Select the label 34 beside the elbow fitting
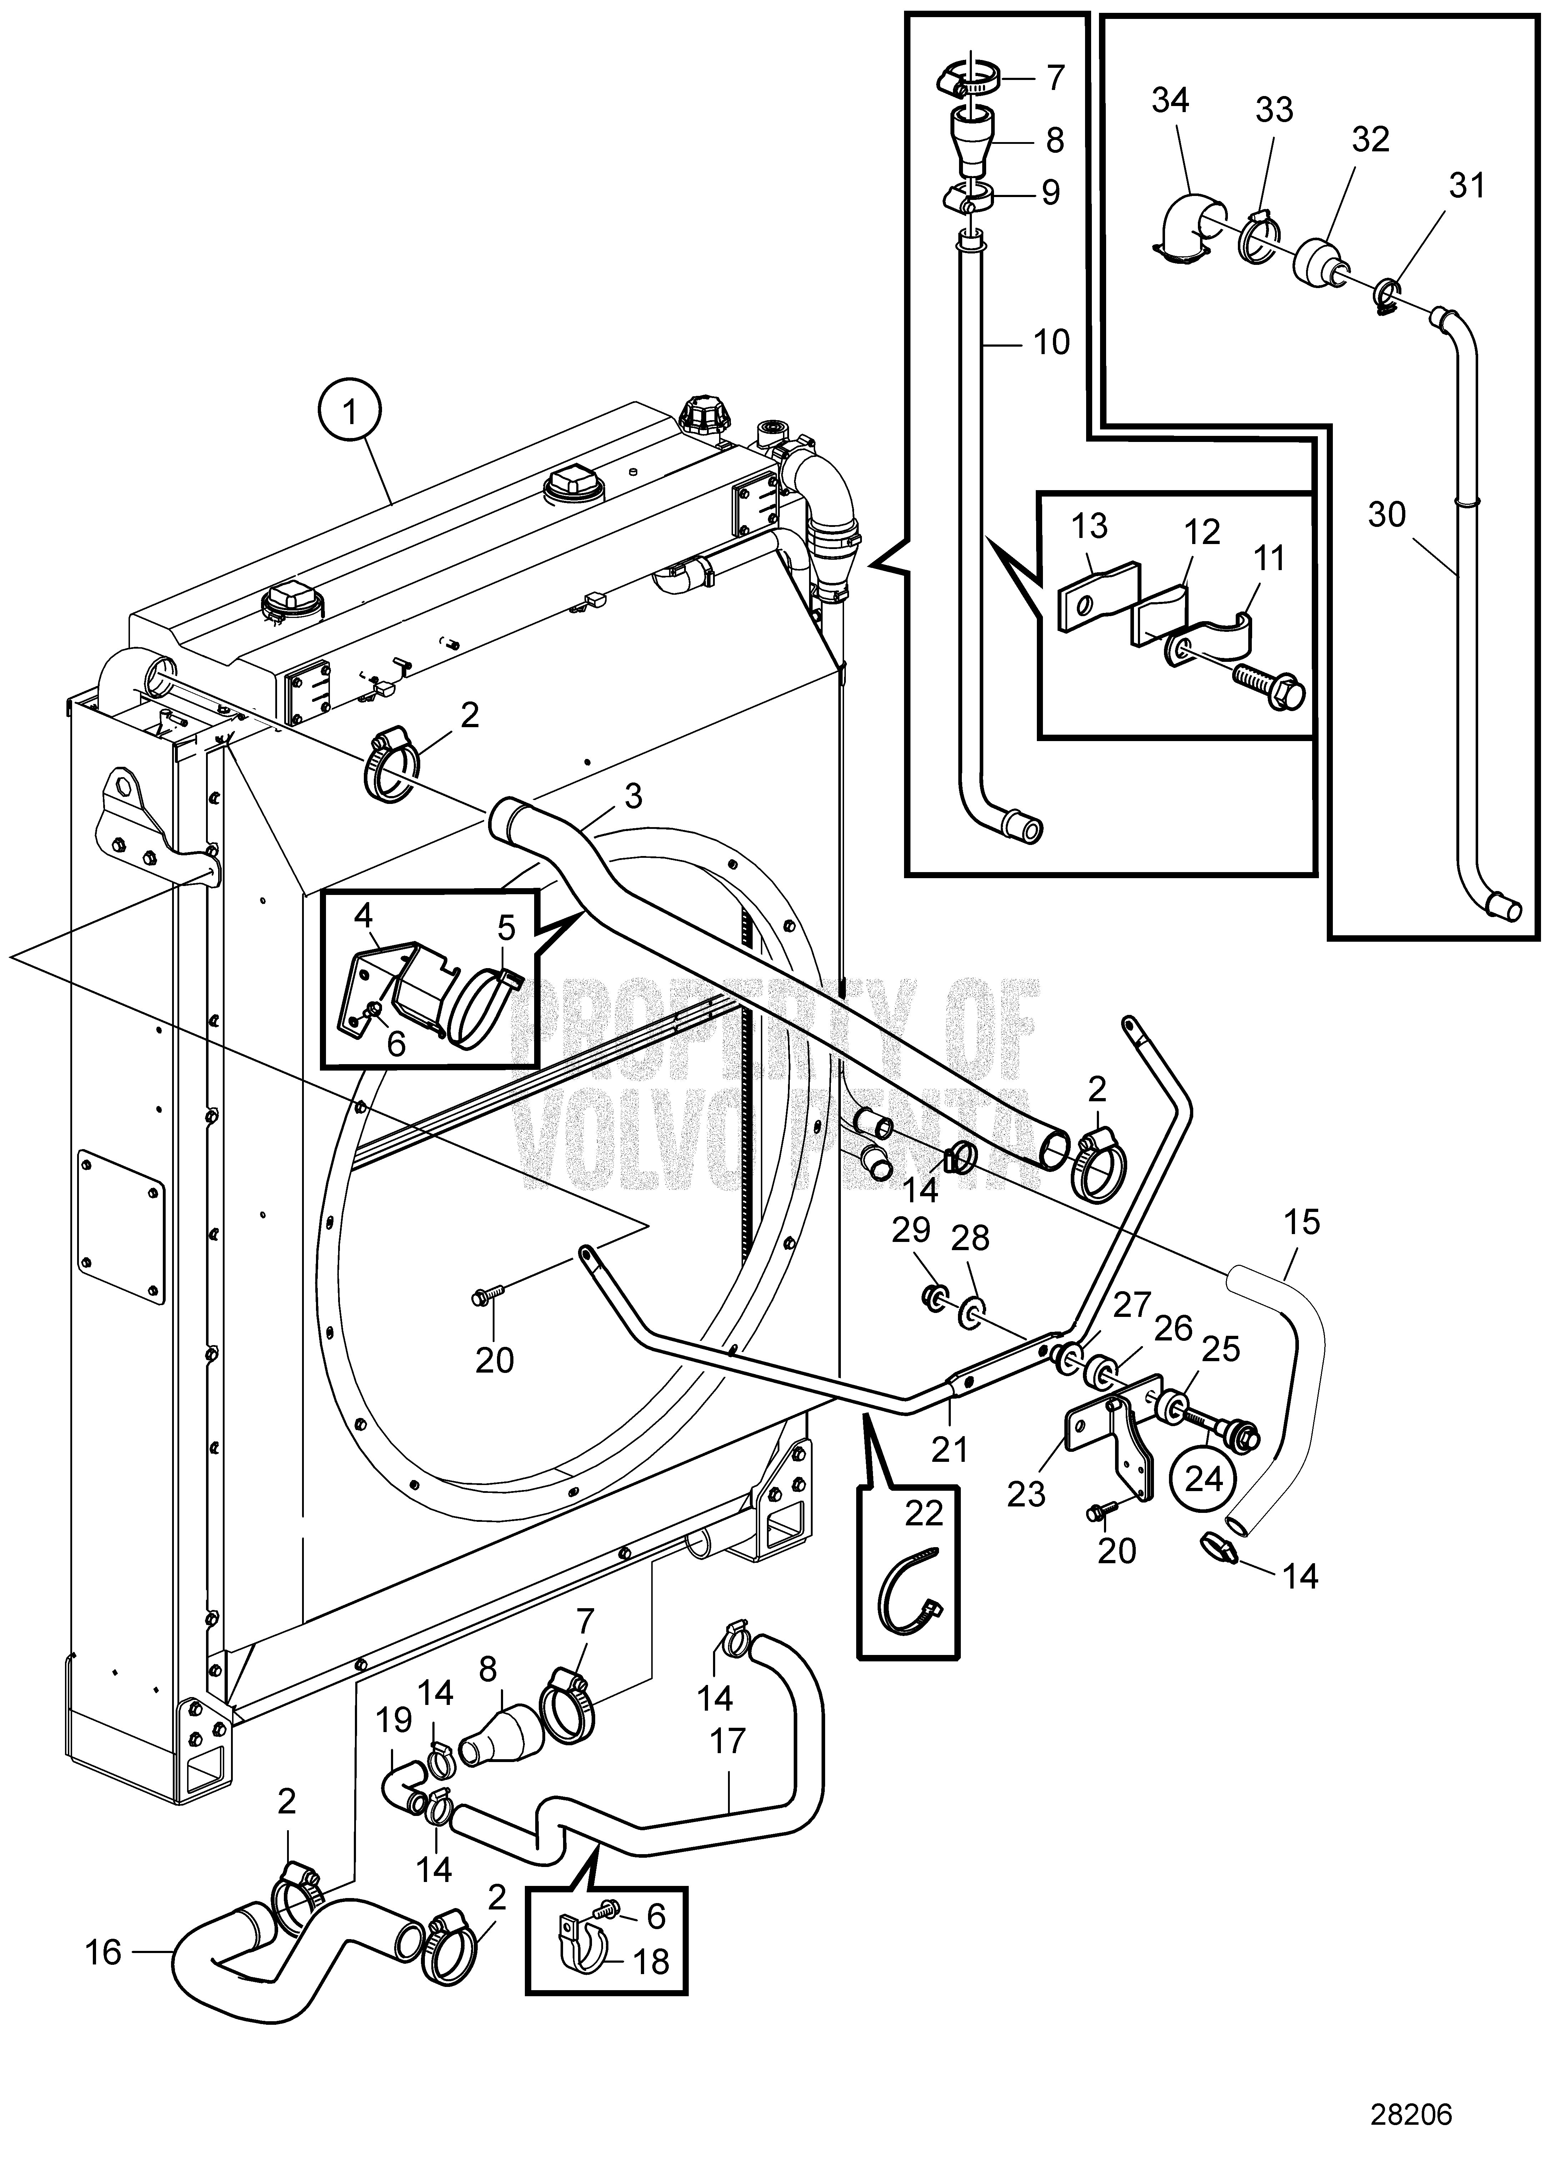1171,100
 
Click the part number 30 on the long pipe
1386,515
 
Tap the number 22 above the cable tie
923,1513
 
